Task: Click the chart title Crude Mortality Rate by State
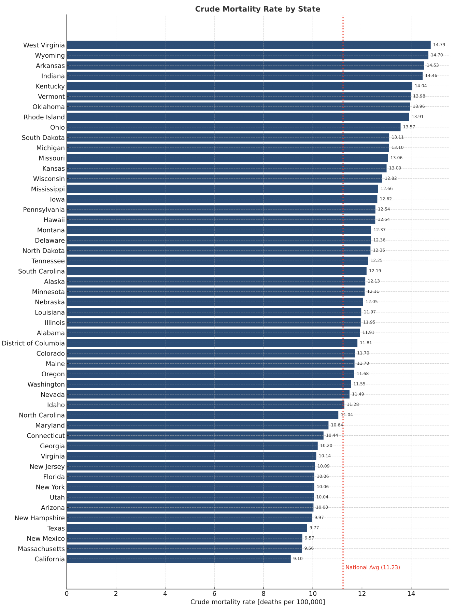click(258, 9)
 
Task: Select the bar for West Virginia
click(249, 45)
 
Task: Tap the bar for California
click(179, 559)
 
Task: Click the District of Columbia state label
click(33, 343)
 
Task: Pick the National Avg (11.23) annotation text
click(372, 567)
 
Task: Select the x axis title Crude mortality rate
click(258, 602)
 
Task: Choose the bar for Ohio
click(233, 127)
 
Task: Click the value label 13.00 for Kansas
click(395, 168)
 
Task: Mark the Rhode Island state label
click(44, 117)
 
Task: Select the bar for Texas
click(187, 528)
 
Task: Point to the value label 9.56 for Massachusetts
click(309, 549)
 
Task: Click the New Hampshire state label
click(40, 518)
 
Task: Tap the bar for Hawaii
click(221, 220)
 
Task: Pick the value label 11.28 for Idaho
click(353, 405)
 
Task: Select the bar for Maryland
click(197, 425)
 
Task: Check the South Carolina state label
click(41, 271)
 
